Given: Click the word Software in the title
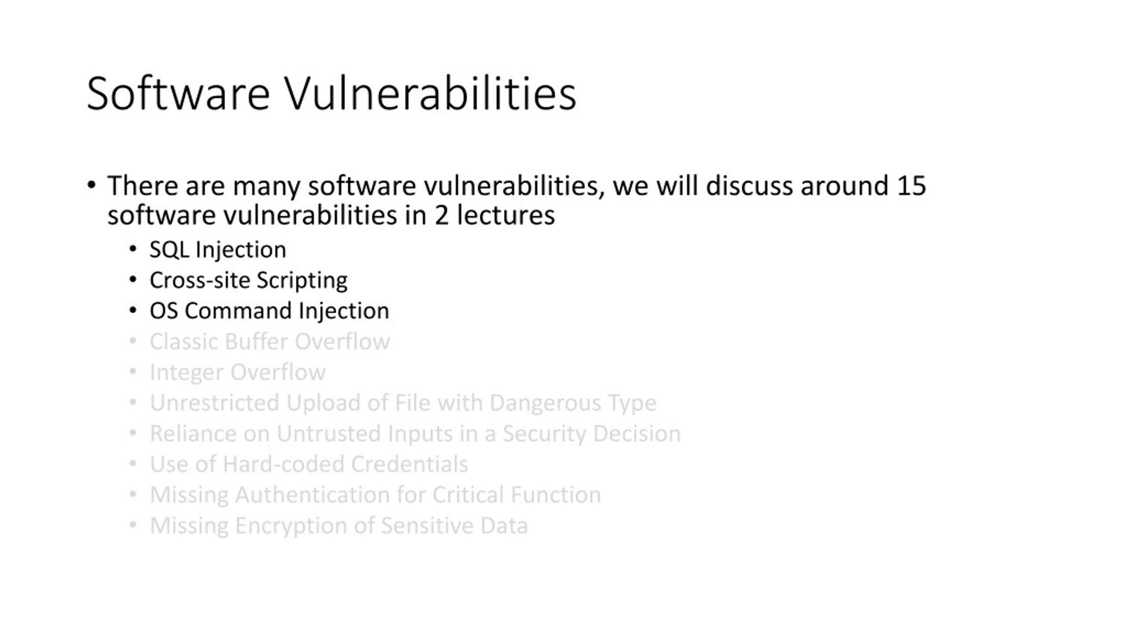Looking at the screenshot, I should point(178,94).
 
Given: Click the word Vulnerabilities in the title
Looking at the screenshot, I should point(431,94).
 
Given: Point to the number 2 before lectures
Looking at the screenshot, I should point(441,215).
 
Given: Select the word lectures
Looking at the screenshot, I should point(505,215).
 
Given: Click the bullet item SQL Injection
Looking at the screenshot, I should point(217,250).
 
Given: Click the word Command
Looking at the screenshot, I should point(238,311).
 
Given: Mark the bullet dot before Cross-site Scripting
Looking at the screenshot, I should point(133,280).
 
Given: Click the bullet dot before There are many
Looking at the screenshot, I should point(91,185).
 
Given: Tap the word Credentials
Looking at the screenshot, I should point(409,464).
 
